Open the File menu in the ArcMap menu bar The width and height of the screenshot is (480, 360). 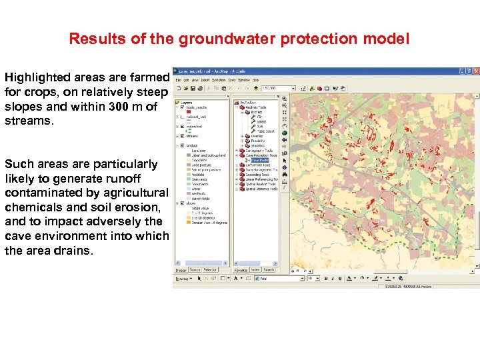[179, 79]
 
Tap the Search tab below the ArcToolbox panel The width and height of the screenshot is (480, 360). [269, 270]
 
